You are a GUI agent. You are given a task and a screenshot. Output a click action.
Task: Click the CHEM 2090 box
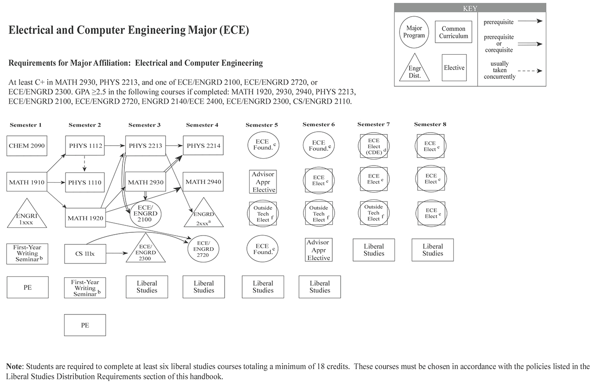27,146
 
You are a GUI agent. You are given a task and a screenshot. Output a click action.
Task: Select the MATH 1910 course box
27,182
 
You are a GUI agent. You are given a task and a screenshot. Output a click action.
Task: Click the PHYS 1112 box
84,146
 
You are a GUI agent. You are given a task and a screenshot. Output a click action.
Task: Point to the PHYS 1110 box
84,182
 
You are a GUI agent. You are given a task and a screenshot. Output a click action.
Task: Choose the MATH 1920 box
84,218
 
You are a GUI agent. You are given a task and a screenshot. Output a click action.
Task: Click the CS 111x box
84,253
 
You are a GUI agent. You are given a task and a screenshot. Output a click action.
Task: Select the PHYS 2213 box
145,146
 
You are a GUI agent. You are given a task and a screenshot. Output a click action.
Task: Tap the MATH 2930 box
145,182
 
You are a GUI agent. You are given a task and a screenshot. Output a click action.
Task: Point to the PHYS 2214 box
203,146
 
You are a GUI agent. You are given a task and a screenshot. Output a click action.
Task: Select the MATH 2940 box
203,182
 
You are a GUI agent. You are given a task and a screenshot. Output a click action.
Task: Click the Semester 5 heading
262,125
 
